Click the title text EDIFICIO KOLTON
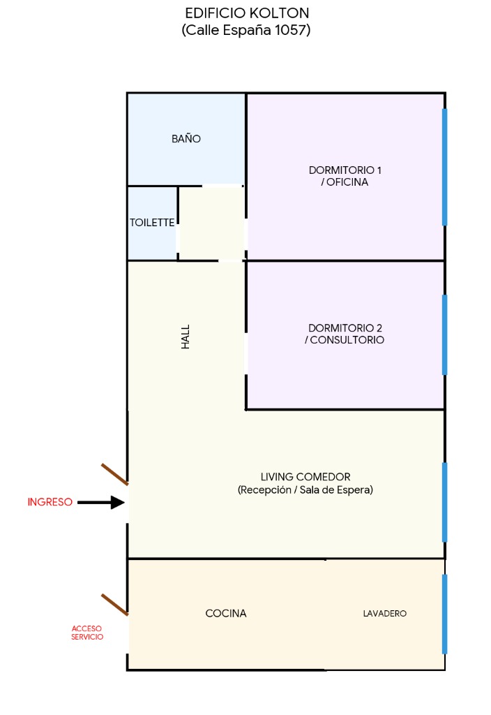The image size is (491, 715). click(x=247, y=13)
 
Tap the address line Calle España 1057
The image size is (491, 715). click(x=246, y=30)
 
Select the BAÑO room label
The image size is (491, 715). click(x=186, y=138)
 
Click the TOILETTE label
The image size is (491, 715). click(x=152, y=223)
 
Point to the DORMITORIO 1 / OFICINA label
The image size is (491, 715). click(x=345, y=176)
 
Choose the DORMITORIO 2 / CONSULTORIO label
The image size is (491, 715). click(x=345, y=334)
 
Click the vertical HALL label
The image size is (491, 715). click(x=186, y=337)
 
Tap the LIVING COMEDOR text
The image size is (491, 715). click(x=305, y=477)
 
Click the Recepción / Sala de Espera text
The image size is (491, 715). click(x=305, y=489)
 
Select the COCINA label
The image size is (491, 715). click(x=226, y=613)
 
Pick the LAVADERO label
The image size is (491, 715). click(x=385, y=613)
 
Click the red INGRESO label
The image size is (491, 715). click(x=50, y=502)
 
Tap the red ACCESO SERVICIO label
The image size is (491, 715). click(x=87, y=633)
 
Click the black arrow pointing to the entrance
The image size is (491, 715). click(x=101, y=503)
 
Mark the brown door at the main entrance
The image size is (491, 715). click(x=114, y=474)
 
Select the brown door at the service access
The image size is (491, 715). click(x=114, y=605)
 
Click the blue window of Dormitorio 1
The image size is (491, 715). click(x=444, y=167)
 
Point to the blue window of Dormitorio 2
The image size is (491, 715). click(x=444, y=334)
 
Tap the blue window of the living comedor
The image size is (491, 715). click(x=444, y=502)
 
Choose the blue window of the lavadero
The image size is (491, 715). click(x=444, y=614)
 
